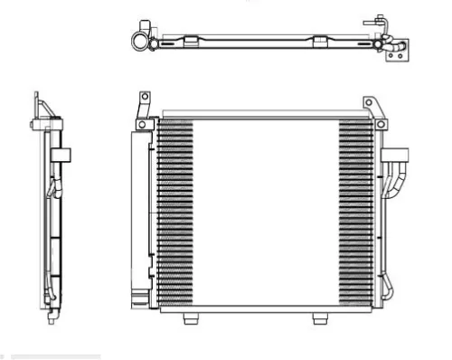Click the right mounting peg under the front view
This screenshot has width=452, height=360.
click(x=318, y=319)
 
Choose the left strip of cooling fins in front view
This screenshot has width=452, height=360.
click(x=175, y=213)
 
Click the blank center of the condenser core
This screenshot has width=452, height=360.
click(x=267, y=213)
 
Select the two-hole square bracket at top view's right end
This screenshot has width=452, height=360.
click(x=394, y=56)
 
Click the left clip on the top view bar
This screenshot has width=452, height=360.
click(x=193, y=41)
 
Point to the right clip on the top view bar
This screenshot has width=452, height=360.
click(x=321, y=41)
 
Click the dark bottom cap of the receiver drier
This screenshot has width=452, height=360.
click(x=138, y=296)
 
